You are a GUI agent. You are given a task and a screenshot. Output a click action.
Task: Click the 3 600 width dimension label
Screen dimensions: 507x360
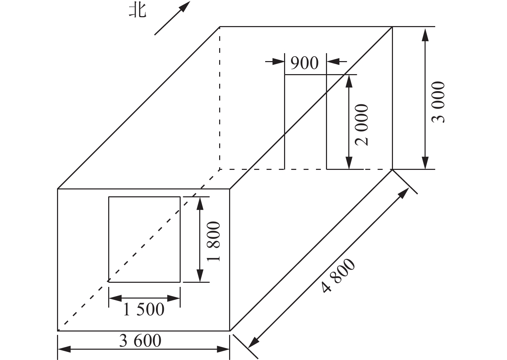click(x=140, y=341)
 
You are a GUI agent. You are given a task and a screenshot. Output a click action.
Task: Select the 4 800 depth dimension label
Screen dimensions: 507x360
click(x=338, y=276)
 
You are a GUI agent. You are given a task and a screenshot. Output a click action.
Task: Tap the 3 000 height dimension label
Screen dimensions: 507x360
click(x=438, y=102)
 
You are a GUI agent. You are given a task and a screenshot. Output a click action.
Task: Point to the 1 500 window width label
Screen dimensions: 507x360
click(x=144, y=310)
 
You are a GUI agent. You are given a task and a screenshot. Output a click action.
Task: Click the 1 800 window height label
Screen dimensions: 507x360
click(x=213, y=241)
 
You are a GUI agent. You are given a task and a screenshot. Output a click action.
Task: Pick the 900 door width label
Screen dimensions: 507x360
click(x=305, y=63)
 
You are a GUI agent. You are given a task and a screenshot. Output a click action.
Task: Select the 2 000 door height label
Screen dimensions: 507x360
click(x=362, y=125)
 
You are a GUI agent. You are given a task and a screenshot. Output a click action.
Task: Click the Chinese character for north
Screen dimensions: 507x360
click(x=138, y=11)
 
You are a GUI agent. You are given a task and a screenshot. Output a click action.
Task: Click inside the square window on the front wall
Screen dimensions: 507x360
click(x=144, y=240)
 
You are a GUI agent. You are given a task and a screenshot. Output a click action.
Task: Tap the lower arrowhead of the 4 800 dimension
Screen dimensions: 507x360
click(x=253, y=342)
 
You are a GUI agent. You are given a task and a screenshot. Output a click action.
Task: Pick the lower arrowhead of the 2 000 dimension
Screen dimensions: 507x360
click(x=349, y=163)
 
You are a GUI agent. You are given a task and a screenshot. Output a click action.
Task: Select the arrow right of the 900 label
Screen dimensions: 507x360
click(x=337, y=61)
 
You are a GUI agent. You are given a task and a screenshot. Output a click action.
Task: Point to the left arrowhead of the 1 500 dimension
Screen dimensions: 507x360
click(x=115, y=298)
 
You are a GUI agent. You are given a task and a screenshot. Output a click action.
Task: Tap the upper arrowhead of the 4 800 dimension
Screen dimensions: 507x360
click(x=403, y=193)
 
